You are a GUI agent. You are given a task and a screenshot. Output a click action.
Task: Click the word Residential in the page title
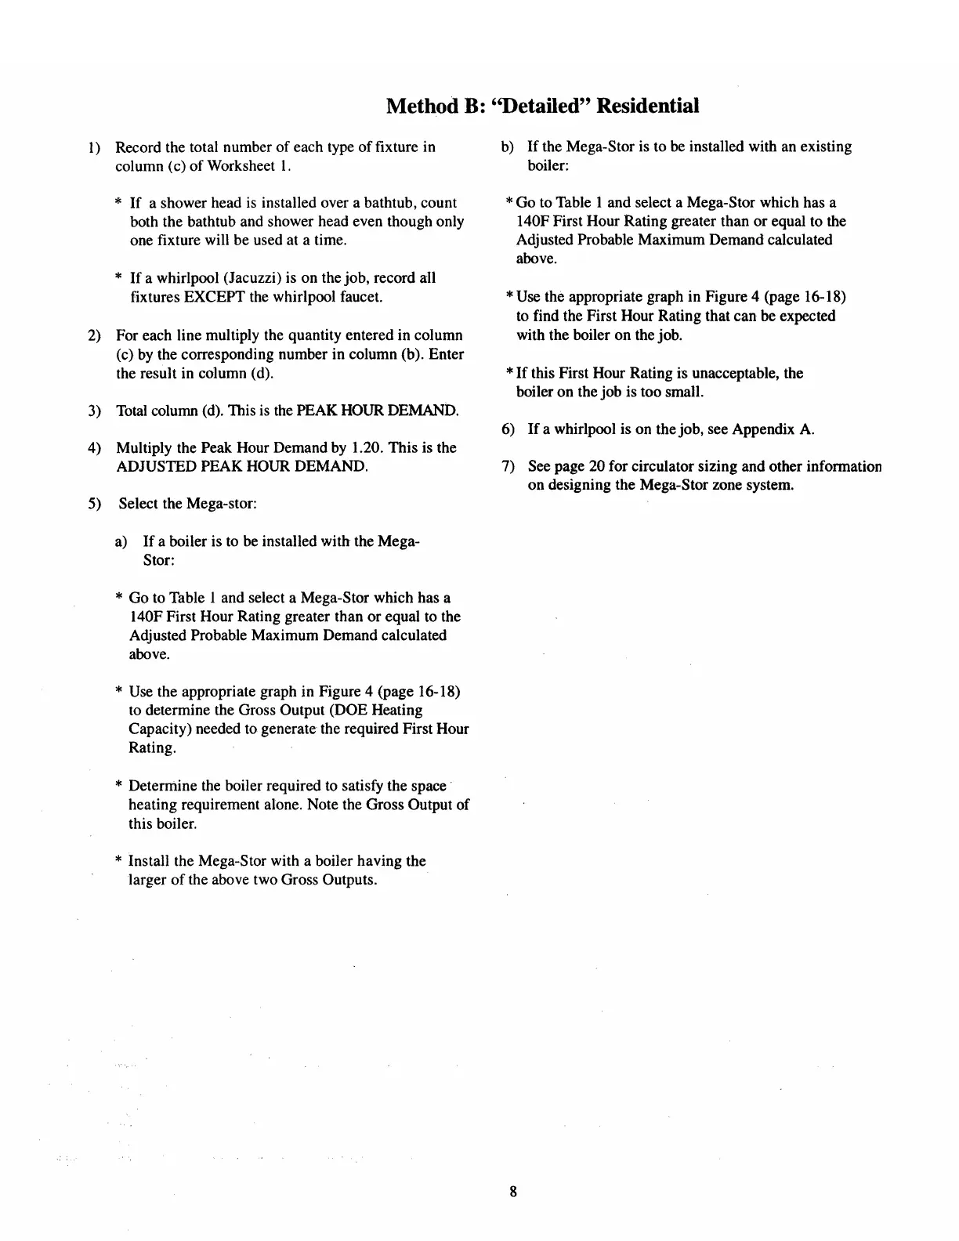(647, 106)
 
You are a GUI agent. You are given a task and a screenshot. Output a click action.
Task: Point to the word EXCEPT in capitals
(215, 297)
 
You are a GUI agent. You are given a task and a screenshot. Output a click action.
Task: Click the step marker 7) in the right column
(508, 467)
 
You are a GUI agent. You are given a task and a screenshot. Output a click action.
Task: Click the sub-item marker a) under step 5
(121, 541)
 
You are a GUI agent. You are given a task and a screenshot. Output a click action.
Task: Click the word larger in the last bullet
(147, 880)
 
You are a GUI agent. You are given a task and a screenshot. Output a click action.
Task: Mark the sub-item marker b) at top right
(508, 147)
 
